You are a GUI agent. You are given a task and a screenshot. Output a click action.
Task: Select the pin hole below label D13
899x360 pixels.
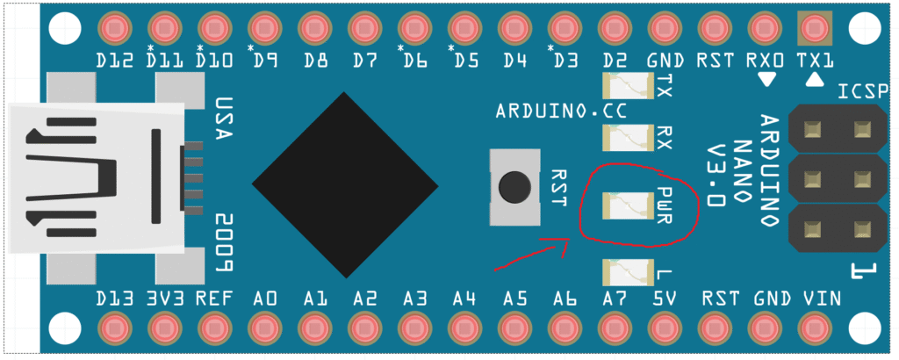[x=115, y=328]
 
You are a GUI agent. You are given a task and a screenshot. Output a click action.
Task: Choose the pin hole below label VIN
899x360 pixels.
[x=814, y=328]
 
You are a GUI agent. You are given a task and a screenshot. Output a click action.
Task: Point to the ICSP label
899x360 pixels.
[x=864, y=92]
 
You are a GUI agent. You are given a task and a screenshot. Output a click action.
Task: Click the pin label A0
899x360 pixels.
[x=264, y=299]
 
